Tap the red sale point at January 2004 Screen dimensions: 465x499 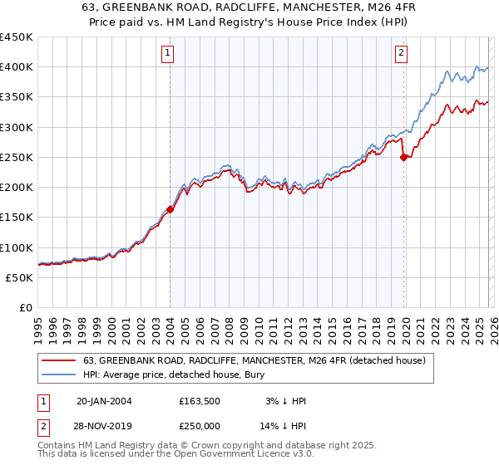click(x=170, y=209)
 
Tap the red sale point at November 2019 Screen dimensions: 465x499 click(x=403, y=157)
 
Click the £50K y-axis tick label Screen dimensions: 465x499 click(x=20, y=277)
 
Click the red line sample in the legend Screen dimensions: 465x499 click(x=59, y=360)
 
